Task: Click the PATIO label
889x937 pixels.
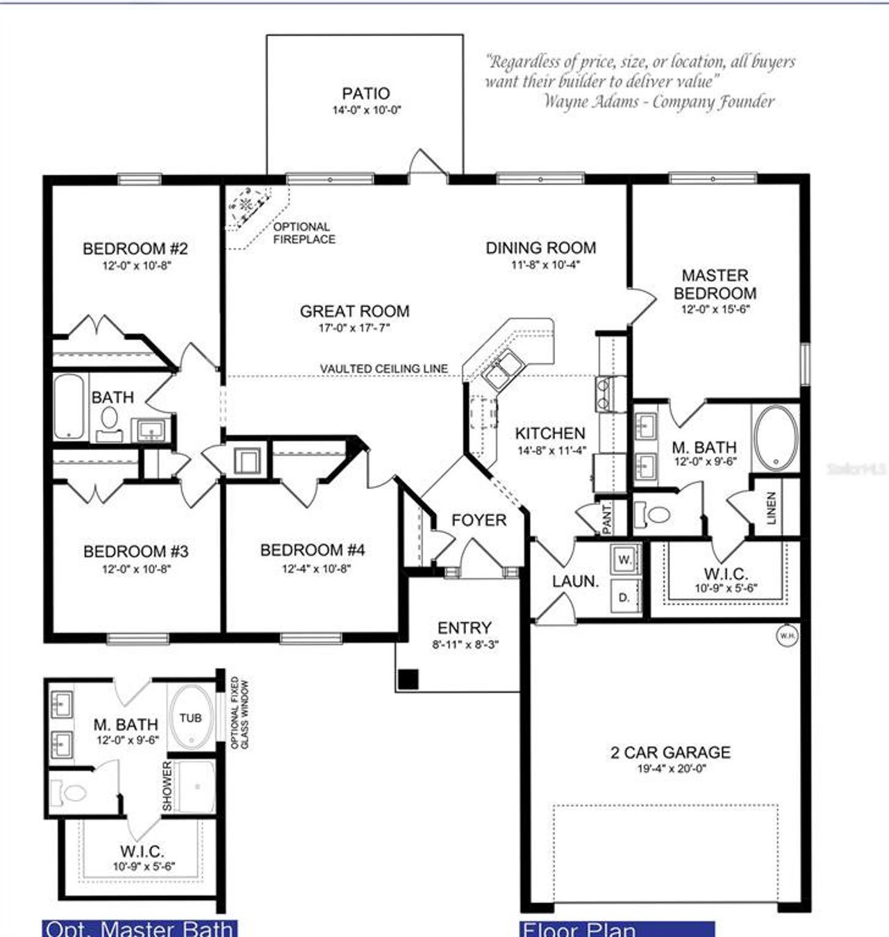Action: pos(365,93)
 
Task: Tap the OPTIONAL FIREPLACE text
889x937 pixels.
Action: pos(304,233)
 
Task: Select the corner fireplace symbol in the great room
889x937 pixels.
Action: pos(247,206)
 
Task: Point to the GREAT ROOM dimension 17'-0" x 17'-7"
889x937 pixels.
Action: pos(354,328)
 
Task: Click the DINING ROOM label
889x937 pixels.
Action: pos(540,248)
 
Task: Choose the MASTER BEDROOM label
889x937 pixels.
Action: pos(715,284)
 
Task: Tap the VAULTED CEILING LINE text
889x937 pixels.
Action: pos(383,368)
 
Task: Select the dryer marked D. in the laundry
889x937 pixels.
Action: pos(625,596)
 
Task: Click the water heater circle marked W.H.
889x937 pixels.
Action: pos(787,636)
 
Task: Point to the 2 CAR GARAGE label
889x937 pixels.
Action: pos(670,752)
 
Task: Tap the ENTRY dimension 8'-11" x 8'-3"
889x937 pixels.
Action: pos(465,645)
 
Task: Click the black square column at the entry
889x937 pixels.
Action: pos(409,679)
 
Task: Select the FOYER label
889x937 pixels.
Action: pos(479,520)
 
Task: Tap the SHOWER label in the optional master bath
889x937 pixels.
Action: pos(167,786)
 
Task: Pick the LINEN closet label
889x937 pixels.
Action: pos(771,508)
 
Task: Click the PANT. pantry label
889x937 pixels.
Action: pos(607,519)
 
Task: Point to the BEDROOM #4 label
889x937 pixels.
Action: pos(312,551)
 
